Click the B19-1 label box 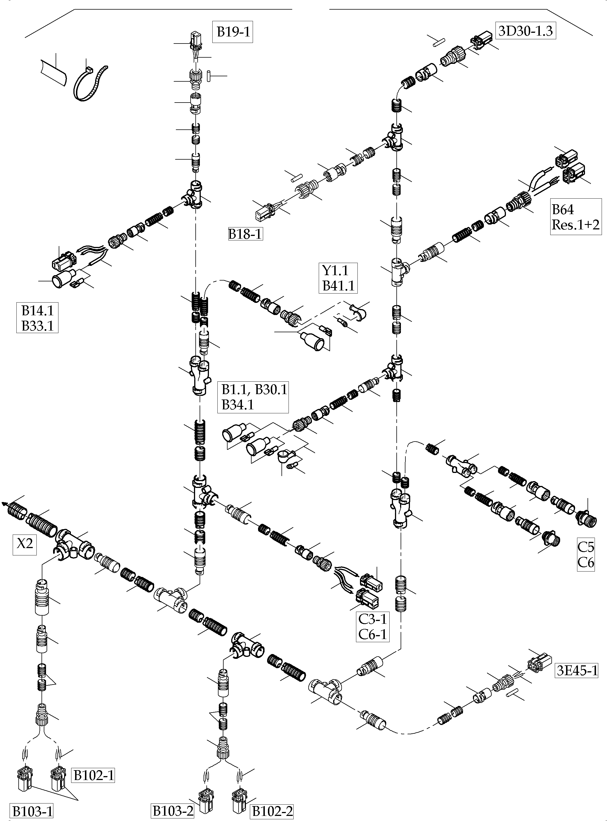233,32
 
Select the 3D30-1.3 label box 525,31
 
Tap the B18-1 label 245,234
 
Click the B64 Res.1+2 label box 575,217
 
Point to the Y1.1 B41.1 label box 338,278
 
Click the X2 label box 25,543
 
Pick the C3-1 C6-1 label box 373,627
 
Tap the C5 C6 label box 586,554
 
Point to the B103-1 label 32,811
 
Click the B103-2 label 173,811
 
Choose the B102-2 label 272,811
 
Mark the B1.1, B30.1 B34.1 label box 254,397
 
